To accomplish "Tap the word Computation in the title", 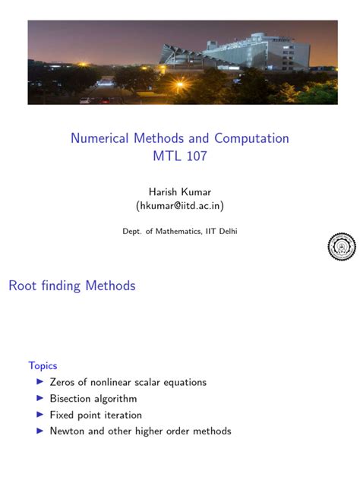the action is click(251, 138).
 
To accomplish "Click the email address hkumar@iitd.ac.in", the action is click(179, 206).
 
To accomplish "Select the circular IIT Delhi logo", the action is click(341, 245).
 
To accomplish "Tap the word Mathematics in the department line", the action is click(180, 231).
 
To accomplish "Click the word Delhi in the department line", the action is click(226, 231).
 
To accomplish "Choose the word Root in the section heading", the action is click(22, 286).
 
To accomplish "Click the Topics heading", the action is click(43, 365).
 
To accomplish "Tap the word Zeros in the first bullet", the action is click(63, 382).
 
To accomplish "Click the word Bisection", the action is click(72, 399).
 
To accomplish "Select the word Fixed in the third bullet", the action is click(63, 415).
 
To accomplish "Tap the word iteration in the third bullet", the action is click(122, 415).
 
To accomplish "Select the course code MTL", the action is click(167, 156).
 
